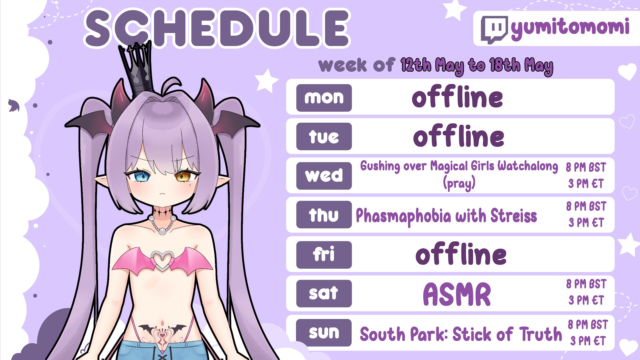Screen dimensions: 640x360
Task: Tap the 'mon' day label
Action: (324, 98)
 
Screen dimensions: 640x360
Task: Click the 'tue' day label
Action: (324, 136)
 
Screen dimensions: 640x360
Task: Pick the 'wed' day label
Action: (324, 176)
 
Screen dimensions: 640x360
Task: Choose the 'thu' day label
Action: (324, 215)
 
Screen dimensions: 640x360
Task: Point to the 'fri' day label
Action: (324, 255)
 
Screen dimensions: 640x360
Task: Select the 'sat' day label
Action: (324, 293)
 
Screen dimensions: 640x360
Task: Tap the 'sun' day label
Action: (324, 333)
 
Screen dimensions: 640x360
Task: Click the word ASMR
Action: (457, 294)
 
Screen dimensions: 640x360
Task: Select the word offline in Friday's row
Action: (461, 254)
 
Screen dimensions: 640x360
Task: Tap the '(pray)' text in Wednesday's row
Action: (459, 183)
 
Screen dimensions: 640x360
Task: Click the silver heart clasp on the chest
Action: (162, 261)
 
